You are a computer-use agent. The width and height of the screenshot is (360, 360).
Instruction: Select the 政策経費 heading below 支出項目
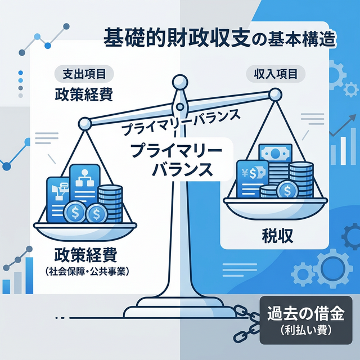click(84, 93)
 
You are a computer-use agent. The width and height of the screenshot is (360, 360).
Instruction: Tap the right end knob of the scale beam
click(274, 96)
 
